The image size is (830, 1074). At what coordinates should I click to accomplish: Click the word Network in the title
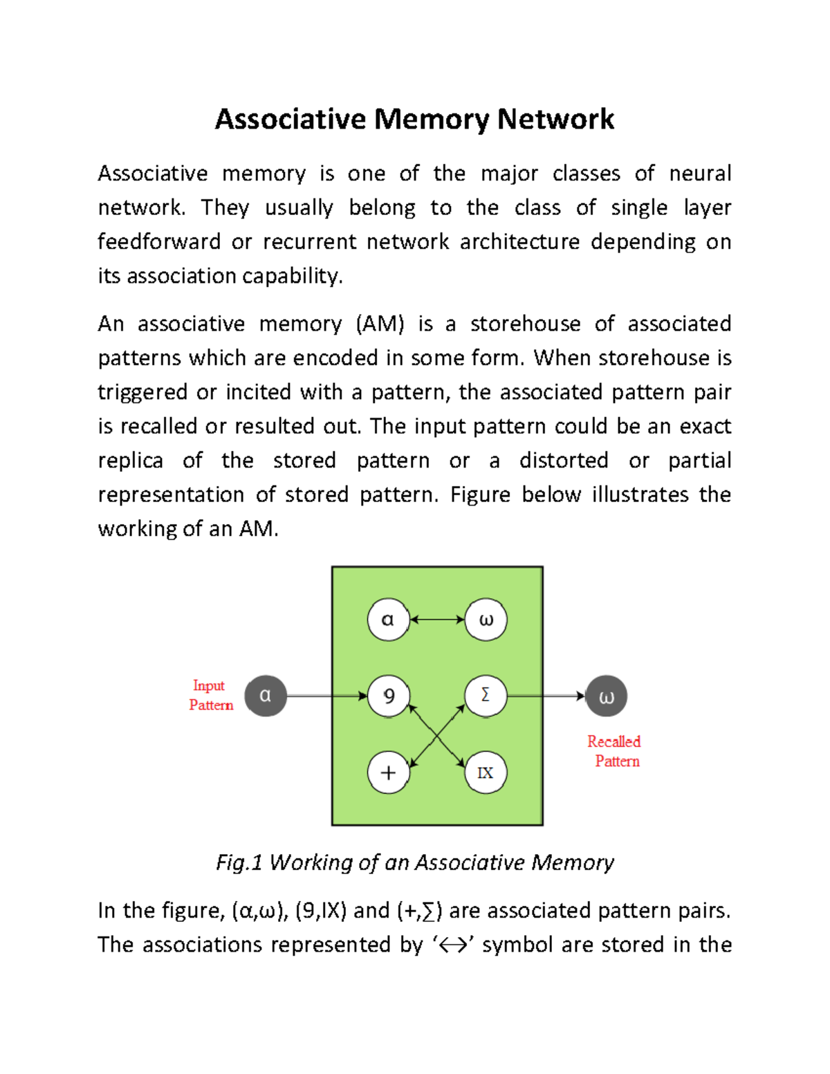tap(555, 119)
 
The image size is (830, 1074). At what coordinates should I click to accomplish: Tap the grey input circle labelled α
tap(266, 696)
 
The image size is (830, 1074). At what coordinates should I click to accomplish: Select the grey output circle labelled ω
tap(606, 696)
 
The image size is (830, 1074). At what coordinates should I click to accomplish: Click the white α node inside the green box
tap(388, 620)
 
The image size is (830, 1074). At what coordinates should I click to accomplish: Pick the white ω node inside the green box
tap(486, 620)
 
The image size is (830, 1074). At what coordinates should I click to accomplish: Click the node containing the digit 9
tap(388, 696)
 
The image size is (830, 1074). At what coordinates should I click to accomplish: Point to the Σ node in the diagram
tap(486, 695)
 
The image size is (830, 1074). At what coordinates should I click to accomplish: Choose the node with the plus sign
tap(388, 772)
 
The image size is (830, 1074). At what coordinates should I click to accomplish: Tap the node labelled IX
tap(486, 772)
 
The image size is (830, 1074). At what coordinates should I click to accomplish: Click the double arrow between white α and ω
tap(437, 620)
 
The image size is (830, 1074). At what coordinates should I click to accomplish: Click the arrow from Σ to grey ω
tap(546, 696)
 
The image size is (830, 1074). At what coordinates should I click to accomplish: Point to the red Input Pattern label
tap(210, 695)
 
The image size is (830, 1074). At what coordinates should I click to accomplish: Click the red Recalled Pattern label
tap(614, 751)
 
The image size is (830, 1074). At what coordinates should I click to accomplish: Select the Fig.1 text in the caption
tap(239, 862)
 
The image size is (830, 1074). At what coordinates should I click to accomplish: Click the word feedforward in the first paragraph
tap(159, 241)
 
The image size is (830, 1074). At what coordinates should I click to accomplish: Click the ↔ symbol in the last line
tap(453, 945)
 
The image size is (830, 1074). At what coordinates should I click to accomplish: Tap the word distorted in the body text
tap(564, 461)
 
